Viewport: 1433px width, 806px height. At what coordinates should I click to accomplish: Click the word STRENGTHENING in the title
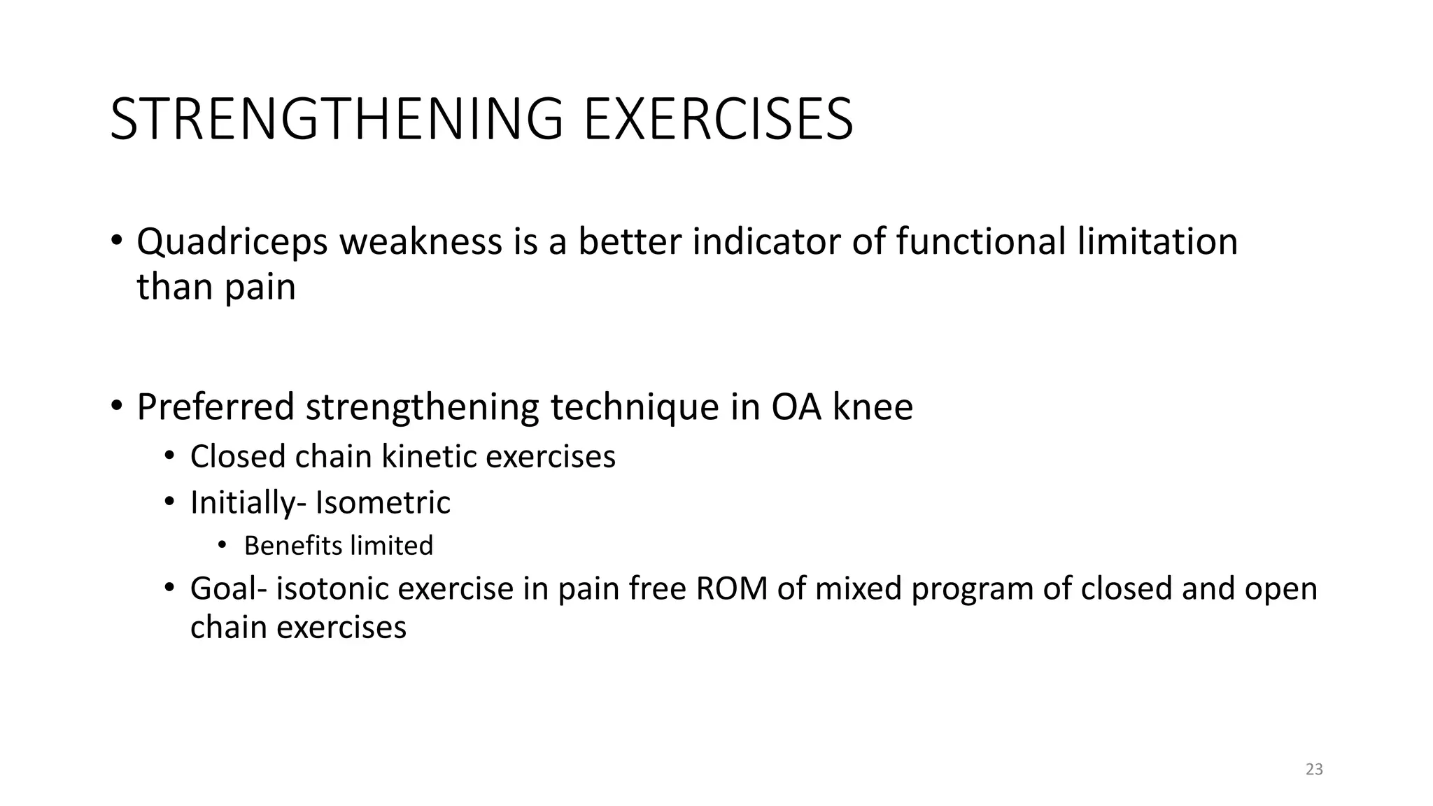336,119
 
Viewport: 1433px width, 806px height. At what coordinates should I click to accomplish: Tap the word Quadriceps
232,242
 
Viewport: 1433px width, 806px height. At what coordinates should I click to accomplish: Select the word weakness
421,242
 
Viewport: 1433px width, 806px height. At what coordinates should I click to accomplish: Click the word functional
980,242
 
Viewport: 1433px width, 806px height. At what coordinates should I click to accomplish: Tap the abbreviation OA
796,407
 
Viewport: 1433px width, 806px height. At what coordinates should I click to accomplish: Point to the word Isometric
383,503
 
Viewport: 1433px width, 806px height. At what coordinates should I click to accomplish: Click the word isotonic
332,588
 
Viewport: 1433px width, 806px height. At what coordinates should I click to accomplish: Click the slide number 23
1314,770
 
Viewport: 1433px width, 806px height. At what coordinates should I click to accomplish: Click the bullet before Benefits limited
222,546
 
